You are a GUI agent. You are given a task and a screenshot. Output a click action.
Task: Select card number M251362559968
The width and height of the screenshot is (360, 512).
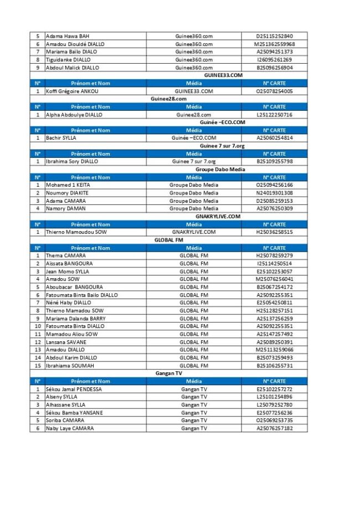275,44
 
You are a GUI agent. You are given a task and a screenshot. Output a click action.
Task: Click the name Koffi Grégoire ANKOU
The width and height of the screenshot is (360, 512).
72,91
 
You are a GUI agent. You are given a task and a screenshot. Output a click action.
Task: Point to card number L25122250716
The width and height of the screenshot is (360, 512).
275,115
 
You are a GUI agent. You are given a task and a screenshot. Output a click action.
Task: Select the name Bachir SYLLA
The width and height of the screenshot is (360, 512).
61,138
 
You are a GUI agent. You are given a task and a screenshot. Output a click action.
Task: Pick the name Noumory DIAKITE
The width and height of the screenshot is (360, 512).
67,193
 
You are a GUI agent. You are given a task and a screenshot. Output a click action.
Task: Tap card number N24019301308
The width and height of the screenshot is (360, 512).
275,193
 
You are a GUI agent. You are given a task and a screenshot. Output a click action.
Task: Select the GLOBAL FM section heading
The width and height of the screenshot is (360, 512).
168,240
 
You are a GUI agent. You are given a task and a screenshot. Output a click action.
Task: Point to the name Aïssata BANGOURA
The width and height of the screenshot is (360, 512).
69,264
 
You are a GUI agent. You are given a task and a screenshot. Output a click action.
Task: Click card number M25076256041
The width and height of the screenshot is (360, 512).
275,279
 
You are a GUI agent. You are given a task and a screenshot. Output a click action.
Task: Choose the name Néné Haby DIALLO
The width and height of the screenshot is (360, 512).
68,303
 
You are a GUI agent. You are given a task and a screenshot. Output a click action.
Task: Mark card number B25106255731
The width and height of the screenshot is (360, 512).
275,366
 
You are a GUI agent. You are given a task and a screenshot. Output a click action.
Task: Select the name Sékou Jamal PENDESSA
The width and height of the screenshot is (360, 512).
74,389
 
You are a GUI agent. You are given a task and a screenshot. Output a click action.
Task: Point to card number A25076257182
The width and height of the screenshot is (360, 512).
275,428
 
